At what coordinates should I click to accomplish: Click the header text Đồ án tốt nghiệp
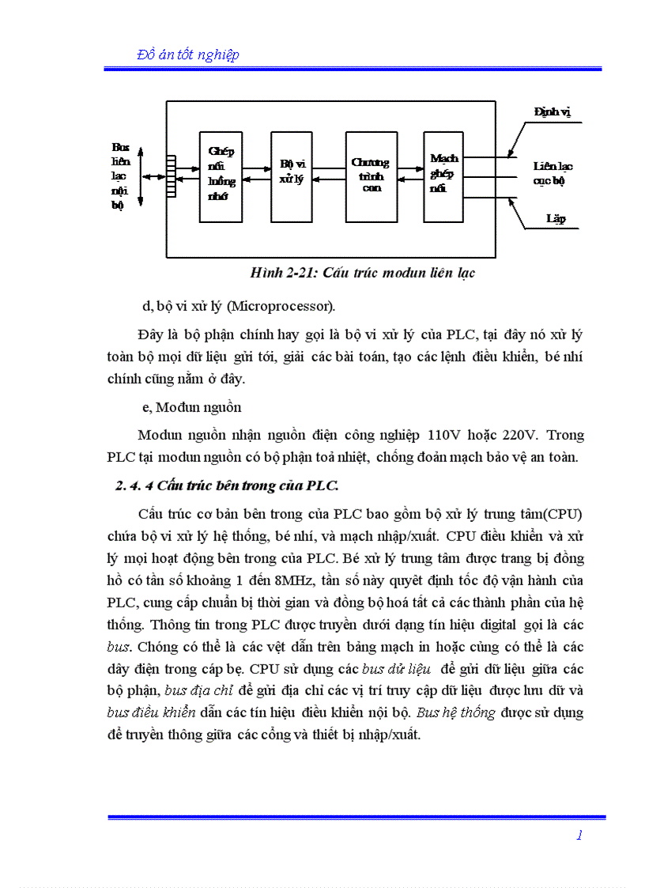coord(188,55)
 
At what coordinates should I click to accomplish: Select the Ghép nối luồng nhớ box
coord(222,176)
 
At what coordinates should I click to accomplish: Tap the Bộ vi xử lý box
coord(292,176)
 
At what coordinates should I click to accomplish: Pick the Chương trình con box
coord(371,176)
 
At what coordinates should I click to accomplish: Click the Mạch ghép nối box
coord(444,176)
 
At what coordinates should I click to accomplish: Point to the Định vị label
coord(553,112)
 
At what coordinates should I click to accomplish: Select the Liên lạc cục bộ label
coord(553,173)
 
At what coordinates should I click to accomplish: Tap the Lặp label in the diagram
coord(556,218)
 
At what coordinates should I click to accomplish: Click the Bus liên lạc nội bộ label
coord(119,176)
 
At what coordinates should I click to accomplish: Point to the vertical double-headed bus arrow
coord(141,176)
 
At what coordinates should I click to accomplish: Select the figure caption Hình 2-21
coord(362,273)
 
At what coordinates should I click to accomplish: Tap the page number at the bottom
coord(580,835)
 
